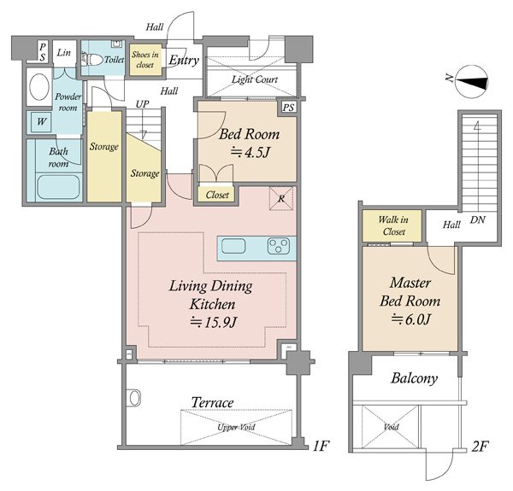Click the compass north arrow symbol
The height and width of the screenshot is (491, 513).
(470, 82)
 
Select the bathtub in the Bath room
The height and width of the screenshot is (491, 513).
(58, 187)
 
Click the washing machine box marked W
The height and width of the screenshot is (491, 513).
(41, 122)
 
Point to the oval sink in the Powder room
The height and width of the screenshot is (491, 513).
(39, 87)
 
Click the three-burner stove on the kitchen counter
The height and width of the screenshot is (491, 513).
(279, 246)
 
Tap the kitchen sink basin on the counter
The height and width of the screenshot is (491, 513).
(233, 246)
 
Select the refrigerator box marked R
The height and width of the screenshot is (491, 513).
(281, 198)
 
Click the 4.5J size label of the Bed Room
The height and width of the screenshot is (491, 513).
(250, 152)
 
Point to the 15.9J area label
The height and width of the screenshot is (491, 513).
(213, 323)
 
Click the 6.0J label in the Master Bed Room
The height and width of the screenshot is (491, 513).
(410, 319)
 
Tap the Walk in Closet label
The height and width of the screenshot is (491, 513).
(393, 225)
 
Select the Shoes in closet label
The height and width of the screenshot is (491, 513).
(145, 60)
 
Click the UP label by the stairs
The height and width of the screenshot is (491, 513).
(142, 104)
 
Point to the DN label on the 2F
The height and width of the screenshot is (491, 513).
(478, 219)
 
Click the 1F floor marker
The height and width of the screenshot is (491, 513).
(321, 447)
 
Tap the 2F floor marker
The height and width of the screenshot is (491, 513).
(480, 447)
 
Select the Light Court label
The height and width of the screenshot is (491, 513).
(255, 79)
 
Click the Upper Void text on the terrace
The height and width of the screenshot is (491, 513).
(236, 427)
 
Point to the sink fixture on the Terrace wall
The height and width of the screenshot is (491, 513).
(134, 398)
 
